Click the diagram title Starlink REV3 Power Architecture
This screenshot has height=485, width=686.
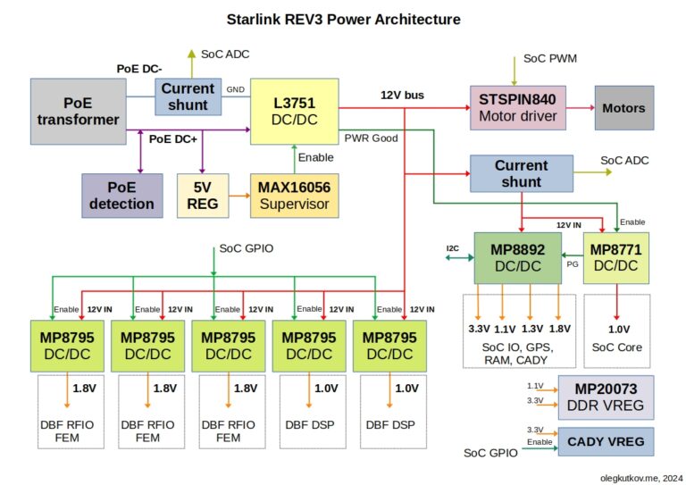(343, 20)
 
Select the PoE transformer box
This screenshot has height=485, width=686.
(79, 111)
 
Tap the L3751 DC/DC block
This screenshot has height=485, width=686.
(295, 111)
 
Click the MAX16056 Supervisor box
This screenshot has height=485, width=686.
(295, 196)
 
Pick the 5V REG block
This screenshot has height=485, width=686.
(203, 196)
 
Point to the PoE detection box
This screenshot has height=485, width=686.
(122, 196)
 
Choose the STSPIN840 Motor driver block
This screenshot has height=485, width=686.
(518, 107)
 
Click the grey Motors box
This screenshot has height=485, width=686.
(624, 107)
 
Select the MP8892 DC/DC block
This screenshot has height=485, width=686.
(518, 258)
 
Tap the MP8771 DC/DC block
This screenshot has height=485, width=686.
(616, 258)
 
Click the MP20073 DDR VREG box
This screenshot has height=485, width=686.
(606, 397)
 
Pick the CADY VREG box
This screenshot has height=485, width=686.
(606, 442)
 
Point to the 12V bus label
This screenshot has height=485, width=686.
(402, 96)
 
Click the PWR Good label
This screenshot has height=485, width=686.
(371, 138)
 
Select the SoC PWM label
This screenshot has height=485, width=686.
(550, 59)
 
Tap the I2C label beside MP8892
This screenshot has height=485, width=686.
(452, 248)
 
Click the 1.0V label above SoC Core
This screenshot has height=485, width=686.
(619, 330)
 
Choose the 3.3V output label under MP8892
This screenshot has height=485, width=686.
(479, 329)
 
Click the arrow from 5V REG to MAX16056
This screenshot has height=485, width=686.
(239, 196)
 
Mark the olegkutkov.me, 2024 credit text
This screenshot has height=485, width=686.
(641, 479)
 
